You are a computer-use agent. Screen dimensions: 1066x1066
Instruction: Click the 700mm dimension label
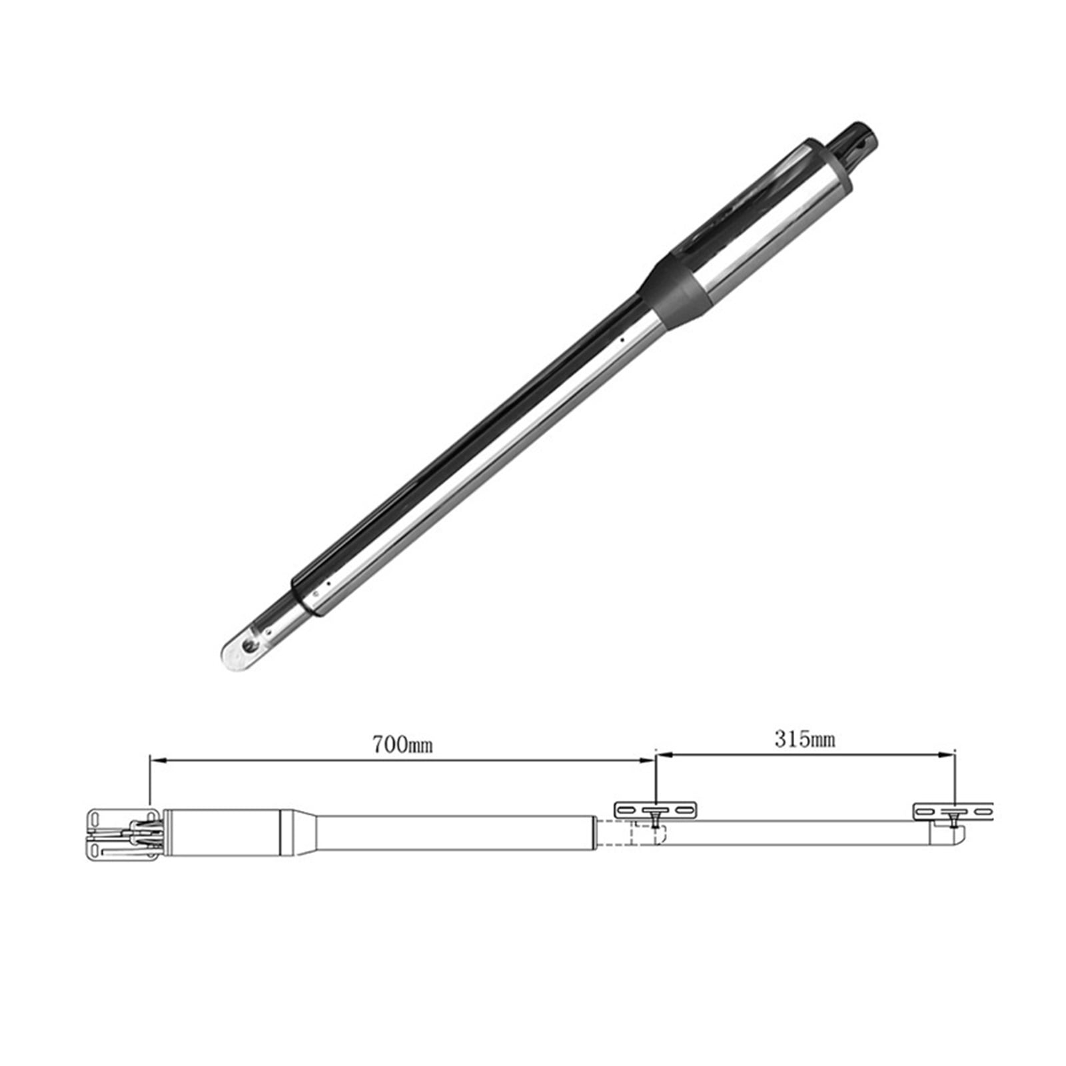click(402, 744)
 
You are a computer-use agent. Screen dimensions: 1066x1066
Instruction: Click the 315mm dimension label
click(805, 739)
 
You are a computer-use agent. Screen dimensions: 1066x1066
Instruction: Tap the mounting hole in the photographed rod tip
click(249, 644)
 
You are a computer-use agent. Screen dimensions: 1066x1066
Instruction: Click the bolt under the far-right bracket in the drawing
click(953, 819)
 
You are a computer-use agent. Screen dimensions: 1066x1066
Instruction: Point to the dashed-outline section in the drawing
click(626, 833)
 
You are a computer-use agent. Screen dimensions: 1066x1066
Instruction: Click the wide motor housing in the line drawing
click(223, 833)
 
